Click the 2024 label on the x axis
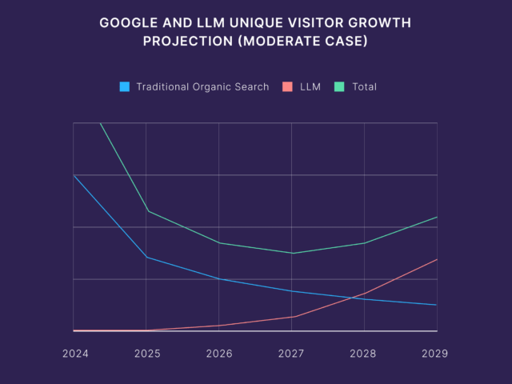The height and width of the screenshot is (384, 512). click(x=74, y=353)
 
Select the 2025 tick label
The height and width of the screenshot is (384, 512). click(x=147, y=353)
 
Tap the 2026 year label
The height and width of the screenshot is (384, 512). click(x=219, y=353)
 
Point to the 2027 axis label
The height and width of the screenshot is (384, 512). click(x=292, y=353)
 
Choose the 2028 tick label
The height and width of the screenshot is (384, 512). click(x=364, y=353)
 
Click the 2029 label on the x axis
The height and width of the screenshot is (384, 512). click(x=435, y=353)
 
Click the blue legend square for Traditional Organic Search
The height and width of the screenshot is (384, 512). click(x=125, y=86)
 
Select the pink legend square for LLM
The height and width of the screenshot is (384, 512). click(x=288, y=86)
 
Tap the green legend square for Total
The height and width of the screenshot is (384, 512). click(x=339, y=86)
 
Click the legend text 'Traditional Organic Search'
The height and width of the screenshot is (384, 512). click(x=202, y=86)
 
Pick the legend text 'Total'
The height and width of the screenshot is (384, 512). click(x=364, y=86)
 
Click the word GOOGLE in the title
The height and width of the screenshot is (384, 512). click(x=126, y=23)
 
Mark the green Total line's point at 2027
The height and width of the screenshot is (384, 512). click(x=291, y=254)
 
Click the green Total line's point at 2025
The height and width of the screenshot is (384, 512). click(x=146, y=211)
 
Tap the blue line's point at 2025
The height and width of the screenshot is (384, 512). click(x=146, y=258)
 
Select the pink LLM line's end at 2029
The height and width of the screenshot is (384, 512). click(x=437, y=259)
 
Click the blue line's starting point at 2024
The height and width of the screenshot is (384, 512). click(x=74, y=175)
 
